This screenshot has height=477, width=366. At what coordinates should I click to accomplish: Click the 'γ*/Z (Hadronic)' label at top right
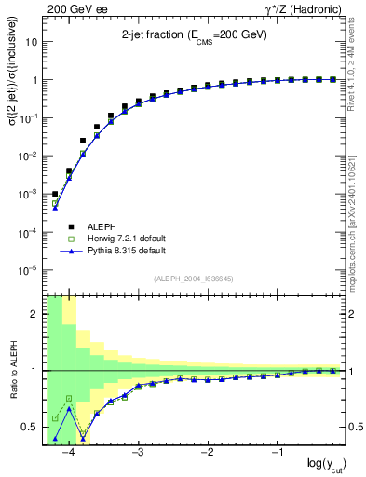click(x=307, y=8)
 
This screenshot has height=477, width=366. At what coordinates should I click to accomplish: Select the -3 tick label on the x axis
click(x=137, y=454)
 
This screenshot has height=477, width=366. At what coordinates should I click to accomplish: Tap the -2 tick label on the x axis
click(x=207, y=454)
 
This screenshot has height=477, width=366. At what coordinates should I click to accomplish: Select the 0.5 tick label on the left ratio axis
click(x=30, y=428)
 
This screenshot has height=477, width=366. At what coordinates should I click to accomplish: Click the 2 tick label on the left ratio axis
click(x=34, y=314)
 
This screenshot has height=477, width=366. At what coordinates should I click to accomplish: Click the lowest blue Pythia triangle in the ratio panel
click(x=55, y=438)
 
